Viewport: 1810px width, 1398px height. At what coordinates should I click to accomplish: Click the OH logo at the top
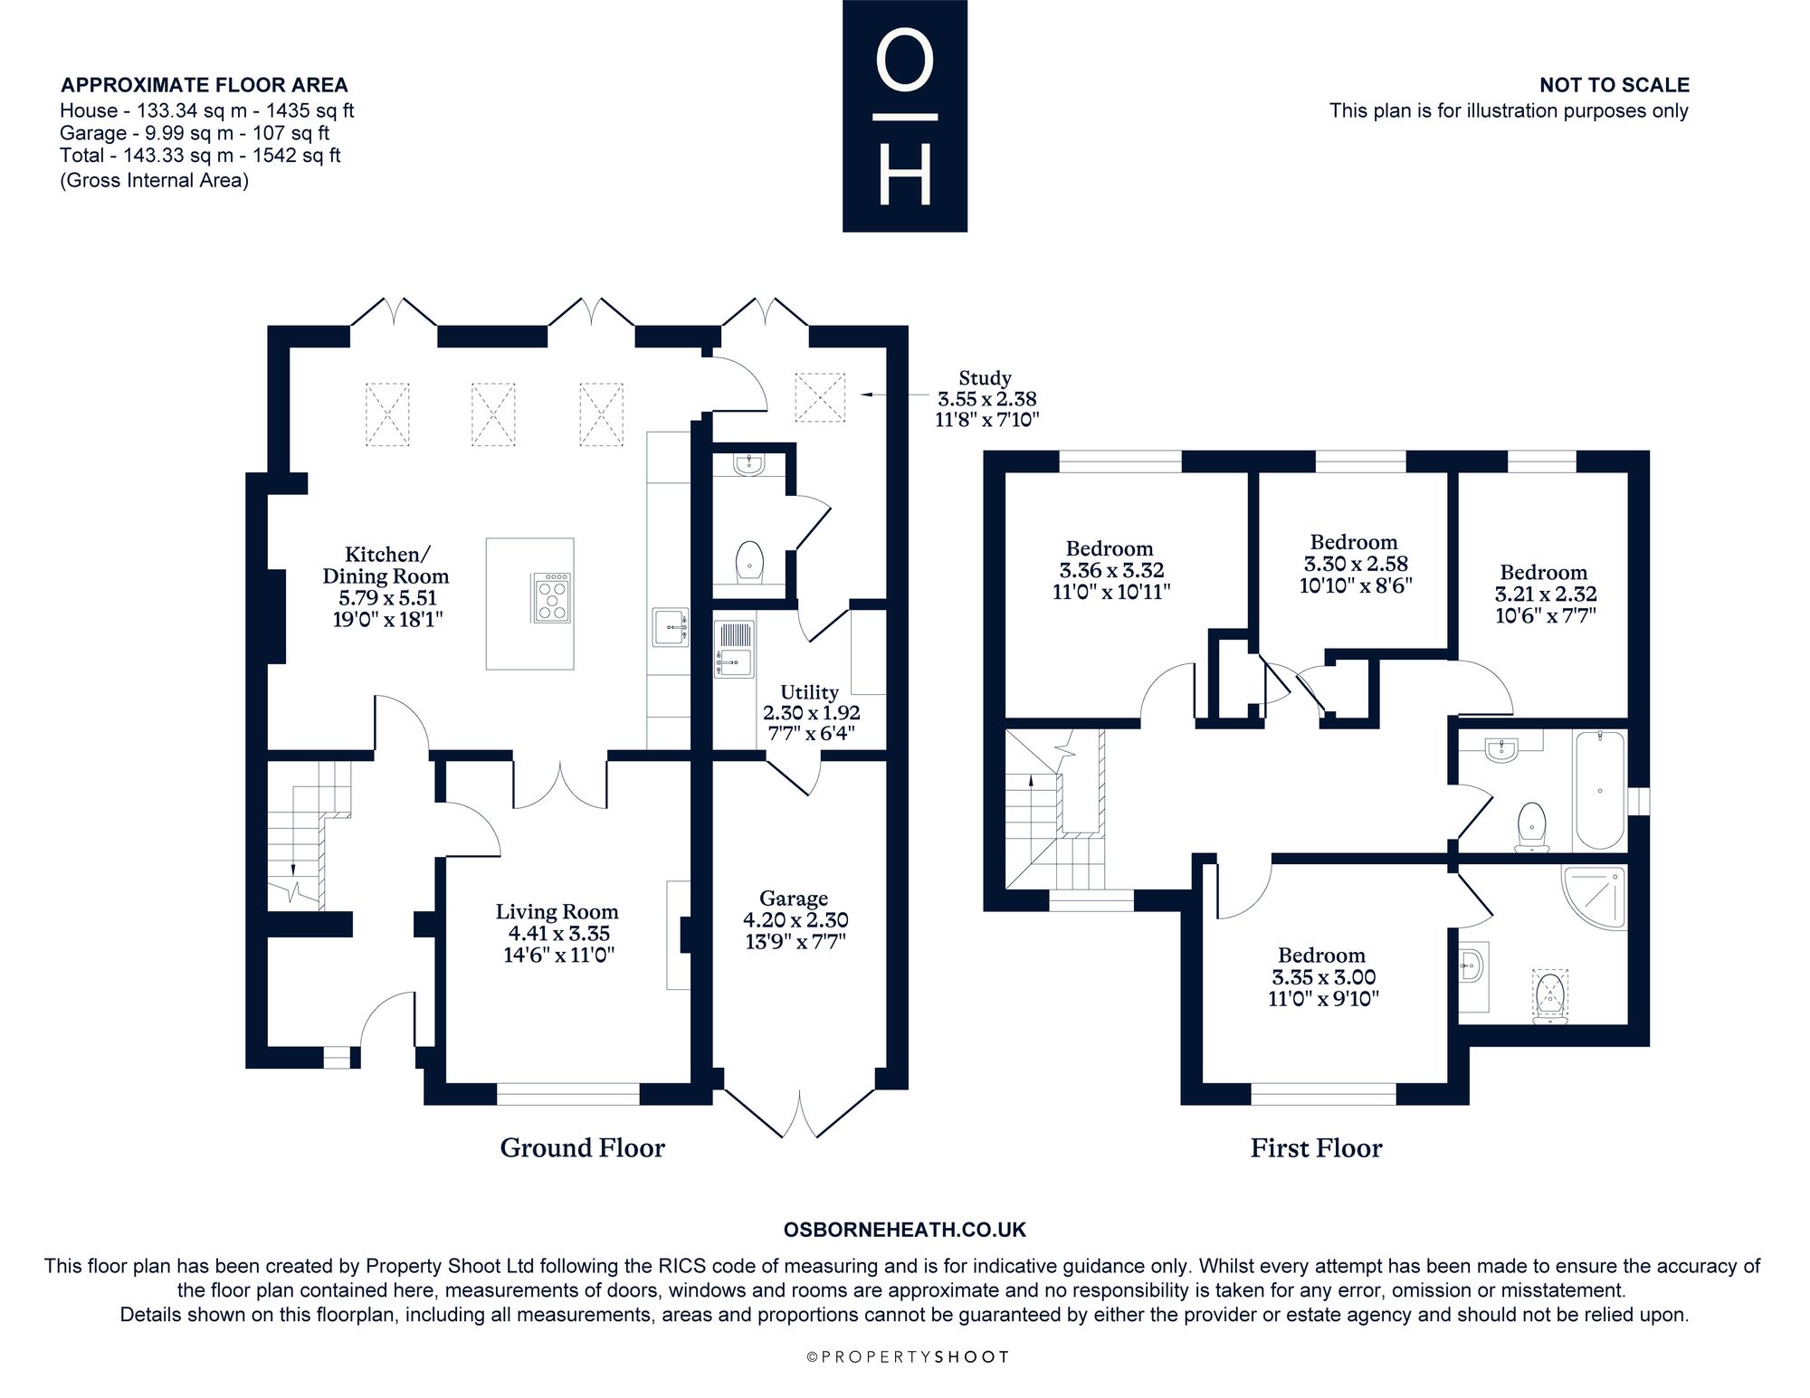pyautogui.click(x=905, y=116)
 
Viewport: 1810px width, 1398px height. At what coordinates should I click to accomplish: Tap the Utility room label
pyautogui.click(x=810, y=712)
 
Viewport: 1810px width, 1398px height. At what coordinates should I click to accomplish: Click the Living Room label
pyautogui.click(x=557, y=934)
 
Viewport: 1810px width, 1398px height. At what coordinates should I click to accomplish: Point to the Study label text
pyautogui.click(x=986, y=399)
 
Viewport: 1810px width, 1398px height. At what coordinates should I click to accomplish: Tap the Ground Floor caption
pyautogui.click(x=583, y=1148)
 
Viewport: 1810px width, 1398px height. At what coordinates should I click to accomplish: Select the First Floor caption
pyautogui.click(x=1317, y=1148)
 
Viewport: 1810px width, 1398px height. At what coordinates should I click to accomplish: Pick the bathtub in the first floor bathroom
pyautogui.click(x=1600, y=790)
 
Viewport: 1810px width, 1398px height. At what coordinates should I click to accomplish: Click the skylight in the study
pyautogui.click(x=820, y=397)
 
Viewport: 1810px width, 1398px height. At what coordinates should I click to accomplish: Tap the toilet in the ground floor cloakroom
pyautogui.click(x=749, y=561)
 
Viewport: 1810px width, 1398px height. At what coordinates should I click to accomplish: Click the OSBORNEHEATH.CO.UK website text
pyautogui.click(x=905, y=1230)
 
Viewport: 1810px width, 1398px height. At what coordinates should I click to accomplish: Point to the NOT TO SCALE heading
pyautogui.click(x=1615, y=85)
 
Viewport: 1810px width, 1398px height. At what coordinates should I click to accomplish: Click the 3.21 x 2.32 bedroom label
pyautogui.click(x=1545, y=594)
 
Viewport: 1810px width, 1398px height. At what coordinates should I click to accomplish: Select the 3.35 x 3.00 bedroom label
pyautogui.click(x=1322, y=977)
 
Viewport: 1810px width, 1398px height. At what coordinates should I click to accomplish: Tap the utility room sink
pyautogui.click(x=735, y=648)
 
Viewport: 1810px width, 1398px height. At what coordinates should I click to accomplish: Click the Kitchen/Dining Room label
pyautogui.click(x=386, y=586)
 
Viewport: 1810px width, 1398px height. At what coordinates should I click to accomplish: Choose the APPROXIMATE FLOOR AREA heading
pyautogui.click(x=205, y=85)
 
